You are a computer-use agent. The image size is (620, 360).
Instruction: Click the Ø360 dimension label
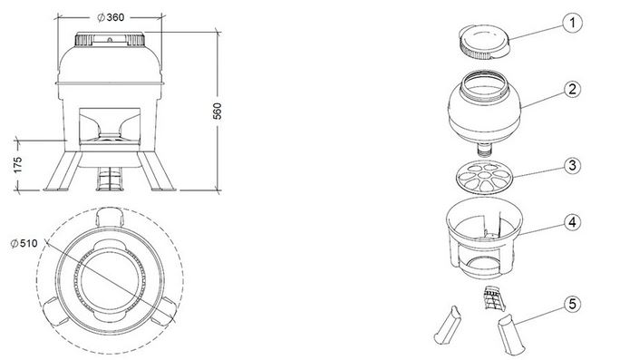[111, 17]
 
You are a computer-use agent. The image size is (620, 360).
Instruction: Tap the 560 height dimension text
[218, 112]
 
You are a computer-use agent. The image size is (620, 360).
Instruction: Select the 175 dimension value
[18, 165]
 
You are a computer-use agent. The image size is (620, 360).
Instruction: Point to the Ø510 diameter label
[24, 243]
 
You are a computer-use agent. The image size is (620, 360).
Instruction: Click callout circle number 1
[572, 23]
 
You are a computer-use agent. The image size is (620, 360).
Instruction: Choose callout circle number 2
[572, 90]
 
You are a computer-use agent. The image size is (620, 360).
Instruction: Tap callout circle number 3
[572, 165]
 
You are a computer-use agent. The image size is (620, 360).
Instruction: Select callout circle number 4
[572, 222]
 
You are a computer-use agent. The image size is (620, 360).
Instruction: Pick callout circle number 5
[572, 304]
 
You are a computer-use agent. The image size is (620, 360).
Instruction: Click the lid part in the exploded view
[484, 43]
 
